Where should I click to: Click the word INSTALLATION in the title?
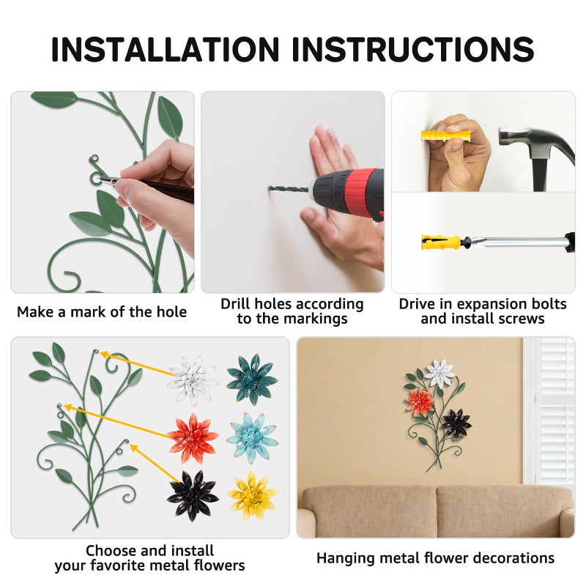(x=166, y=49)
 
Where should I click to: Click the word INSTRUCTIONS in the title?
(x=413, y=49)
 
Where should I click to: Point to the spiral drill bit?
(x=289, y=189)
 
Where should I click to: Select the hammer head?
(x=535, y=144)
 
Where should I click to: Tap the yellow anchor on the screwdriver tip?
(x=441, y=242)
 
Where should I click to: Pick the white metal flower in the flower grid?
(x=192, y=380)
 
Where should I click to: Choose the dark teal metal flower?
(x=252, y=378)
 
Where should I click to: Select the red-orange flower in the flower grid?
(x=193, y=437)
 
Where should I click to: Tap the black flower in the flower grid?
(x=193, y=495)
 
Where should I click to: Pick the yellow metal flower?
(x=252, y=495)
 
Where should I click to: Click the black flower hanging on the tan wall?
(x=456, y=424)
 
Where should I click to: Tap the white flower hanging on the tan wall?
(x=440, y=373)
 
